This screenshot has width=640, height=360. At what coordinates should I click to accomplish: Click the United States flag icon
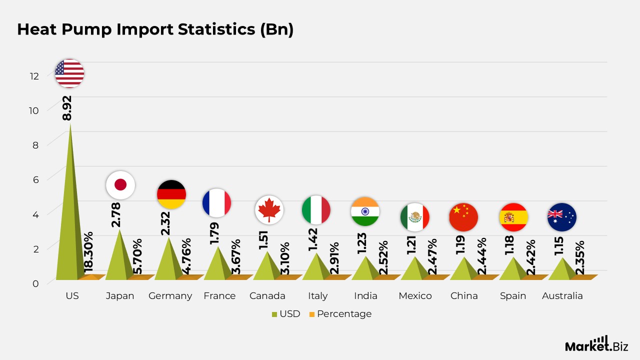point(69,73)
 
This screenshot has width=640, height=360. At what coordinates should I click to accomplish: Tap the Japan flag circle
point(120,185)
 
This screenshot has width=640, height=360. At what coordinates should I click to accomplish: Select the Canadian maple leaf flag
point(269,210)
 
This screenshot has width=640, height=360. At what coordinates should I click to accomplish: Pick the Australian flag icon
point(562,217)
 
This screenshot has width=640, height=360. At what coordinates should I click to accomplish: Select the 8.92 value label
point(67,108)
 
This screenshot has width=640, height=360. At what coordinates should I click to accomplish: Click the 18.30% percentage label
point(88,252)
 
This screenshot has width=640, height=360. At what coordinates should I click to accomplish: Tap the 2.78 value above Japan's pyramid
point(115,215)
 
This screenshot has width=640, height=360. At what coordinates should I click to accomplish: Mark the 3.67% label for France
point(236,257)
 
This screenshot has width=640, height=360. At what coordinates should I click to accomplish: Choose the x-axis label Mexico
point(415,295)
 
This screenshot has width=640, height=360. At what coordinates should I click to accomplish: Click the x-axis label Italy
point(317,296)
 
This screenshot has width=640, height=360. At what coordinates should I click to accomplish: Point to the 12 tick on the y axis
point(34,76)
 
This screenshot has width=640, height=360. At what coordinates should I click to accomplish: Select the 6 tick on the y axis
point(35,179)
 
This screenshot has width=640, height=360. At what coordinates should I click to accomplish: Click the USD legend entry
point(286,313)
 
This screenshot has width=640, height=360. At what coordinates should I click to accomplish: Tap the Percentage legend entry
point(340,314)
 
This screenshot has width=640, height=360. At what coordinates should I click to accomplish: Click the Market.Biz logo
point(596,344)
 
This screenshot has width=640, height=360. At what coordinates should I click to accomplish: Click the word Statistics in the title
point(216,29)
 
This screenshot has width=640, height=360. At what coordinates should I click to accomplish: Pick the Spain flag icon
point(513,217)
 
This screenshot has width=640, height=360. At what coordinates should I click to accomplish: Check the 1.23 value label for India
point(361,243)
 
